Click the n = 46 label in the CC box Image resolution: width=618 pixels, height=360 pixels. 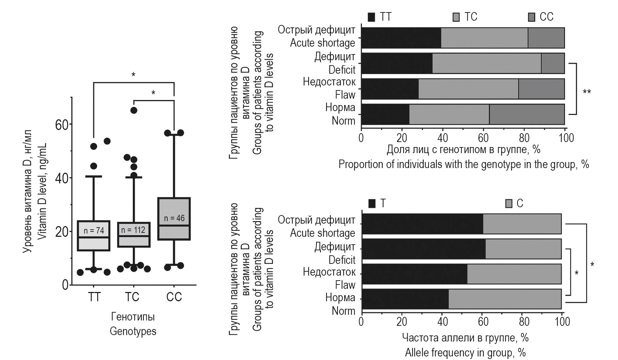tap(174, 218)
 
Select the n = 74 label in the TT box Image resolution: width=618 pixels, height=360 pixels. tap(94, 231)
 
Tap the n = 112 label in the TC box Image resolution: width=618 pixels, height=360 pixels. tap(133, 230)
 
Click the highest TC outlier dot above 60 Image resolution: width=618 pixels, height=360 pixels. tap(134, 110)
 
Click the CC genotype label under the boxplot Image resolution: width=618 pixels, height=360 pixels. tap(174, 297)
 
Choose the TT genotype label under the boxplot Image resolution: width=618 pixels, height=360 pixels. tap(94, 297)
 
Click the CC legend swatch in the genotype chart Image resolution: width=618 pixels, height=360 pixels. tap(531, 17)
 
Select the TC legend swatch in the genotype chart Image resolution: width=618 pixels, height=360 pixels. tap(456, 17)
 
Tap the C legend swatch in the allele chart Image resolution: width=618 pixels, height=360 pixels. tap(509, 204)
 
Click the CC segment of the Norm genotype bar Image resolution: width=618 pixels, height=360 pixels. tap(527, 114)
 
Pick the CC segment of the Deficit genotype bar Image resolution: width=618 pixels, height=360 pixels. tap(552, 63)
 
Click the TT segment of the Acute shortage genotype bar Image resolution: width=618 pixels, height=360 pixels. tap(401, 38)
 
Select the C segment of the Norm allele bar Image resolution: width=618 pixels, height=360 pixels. tap(505, 299)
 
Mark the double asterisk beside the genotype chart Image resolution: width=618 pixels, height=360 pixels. tap(587, 92)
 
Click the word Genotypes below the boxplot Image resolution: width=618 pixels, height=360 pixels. tap(133, 332)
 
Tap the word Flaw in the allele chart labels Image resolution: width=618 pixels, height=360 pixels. tap(345, 285)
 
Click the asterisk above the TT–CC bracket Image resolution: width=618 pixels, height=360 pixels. tap(133, 75)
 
